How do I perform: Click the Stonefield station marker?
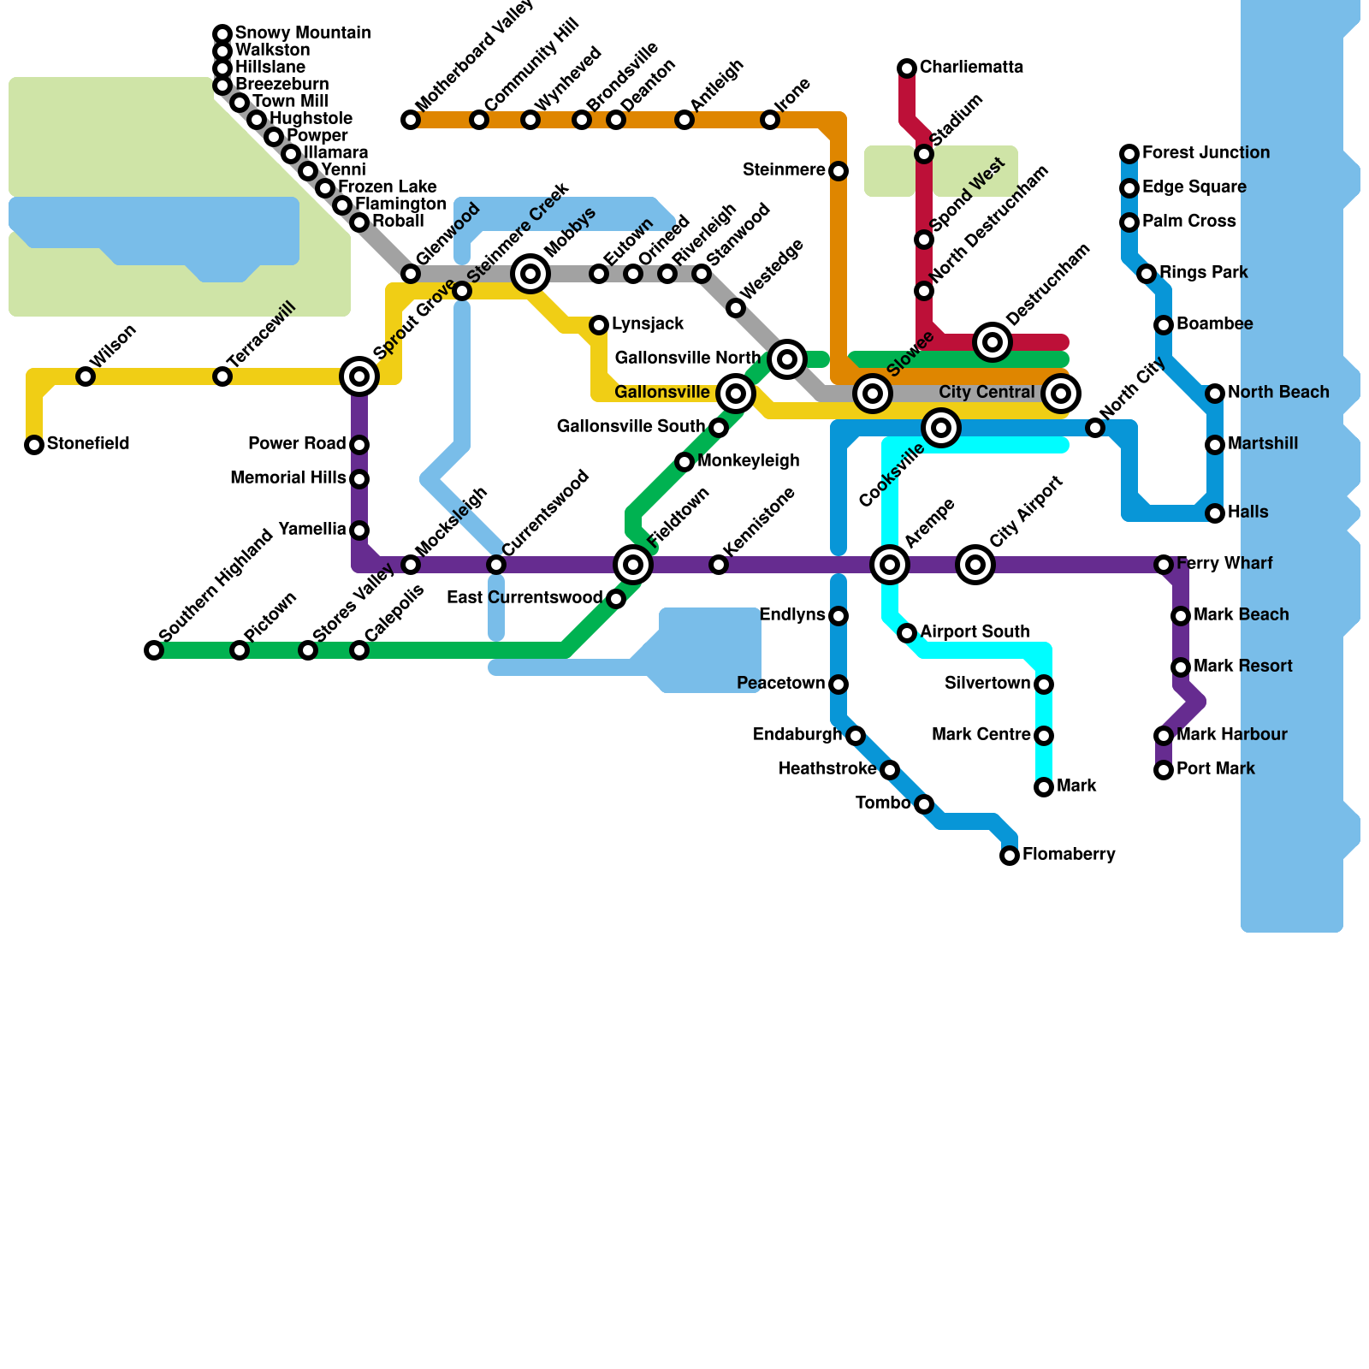click(34, 445)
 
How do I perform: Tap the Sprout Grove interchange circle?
click(359, 376)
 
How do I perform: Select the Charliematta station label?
click(971, 68)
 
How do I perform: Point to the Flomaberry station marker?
click(1010, 856)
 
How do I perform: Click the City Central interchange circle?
click(1061, 394)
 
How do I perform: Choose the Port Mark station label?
click(1215, 769)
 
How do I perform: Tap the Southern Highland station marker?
click(154, 650)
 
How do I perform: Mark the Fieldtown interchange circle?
click(633, 565)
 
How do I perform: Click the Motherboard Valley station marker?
click(411, 120)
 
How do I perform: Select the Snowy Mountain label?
click(303, 33)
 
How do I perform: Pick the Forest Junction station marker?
click(1129, 154)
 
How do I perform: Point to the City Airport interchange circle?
click(975, 565)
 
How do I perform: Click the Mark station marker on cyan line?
click(1044, 787)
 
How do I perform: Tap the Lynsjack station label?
click(648, 324)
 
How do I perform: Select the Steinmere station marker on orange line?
click(839, 171)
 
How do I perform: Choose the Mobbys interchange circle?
click(530, 274)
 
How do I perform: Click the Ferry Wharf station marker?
click(1164, 565)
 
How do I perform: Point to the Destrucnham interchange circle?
click(993, 342)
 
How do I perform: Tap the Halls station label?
click(1248, 513)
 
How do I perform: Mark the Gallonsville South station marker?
click(719, 428)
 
